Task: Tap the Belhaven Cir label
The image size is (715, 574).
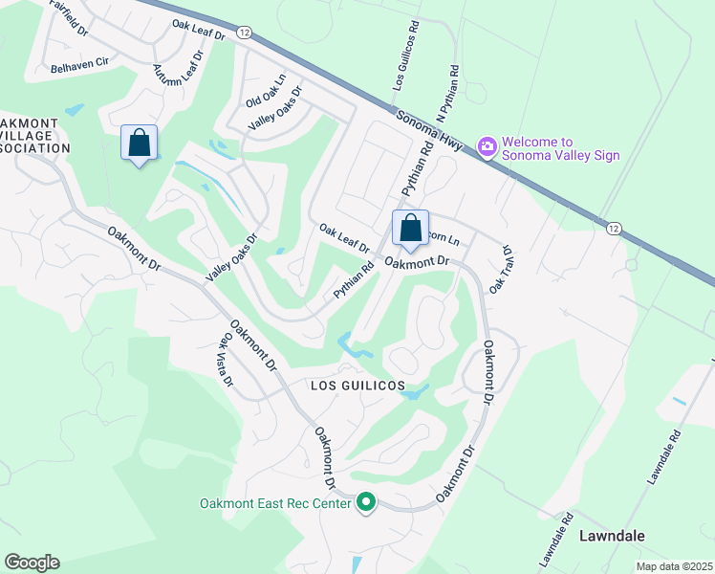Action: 82,69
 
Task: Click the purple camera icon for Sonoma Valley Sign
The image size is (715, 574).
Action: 487,145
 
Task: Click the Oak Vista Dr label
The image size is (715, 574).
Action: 227,359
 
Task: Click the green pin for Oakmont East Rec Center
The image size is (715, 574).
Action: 365,501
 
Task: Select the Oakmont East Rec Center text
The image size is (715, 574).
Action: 274,503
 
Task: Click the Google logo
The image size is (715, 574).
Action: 32,563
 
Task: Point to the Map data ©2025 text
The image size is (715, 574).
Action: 673,566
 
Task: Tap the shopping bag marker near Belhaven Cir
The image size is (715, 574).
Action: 140,143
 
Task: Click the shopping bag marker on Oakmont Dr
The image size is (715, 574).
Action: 410,229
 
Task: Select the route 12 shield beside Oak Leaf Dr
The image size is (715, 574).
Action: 246,33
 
